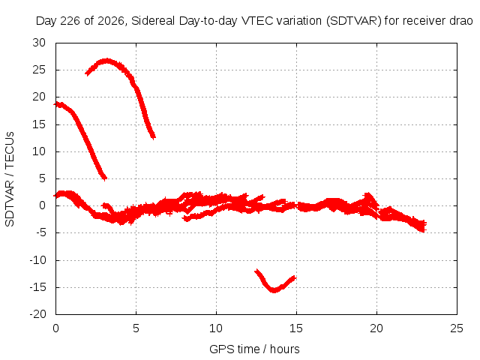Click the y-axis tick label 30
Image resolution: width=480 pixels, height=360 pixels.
[39, 43]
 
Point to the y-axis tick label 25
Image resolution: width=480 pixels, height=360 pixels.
[39, 70]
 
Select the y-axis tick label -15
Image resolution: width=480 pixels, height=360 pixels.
[37, 287]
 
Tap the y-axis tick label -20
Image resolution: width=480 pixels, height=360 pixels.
[37, 314]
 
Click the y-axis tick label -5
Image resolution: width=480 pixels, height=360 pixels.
[40, 232]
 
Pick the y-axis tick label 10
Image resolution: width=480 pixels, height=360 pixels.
[39, 151]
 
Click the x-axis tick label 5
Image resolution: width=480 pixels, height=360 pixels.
[136, 328]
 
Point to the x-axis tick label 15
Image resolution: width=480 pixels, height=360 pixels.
[296, 328]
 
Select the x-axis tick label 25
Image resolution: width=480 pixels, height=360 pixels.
[457, 328]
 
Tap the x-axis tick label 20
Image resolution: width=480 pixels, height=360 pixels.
[376, 328]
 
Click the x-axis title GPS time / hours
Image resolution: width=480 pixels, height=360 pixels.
[254, 349]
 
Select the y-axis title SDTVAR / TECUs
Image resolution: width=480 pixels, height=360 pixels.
[10, 179]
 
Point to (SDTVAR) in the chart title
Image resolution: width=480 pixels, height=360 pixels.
[353, 21]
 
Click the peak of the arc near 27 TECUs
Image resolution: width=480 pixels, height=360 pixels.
[106, 60]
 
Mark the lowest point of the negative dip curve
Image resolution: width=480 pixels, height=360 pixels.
[274, 290]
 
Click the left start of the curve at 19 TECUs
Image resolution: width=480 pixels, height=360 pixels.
[55, 104]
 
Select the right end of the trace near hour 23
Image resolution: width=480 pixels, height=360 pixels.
[425, 226]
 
